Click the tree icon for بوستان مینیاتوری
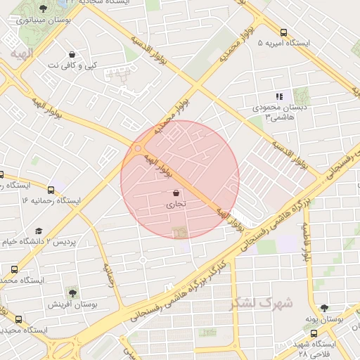(44, 8)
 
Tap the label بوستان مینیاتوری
(44, 21)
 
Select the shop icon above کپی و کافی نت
(72, 53)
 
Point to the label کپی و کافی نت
(72, 65)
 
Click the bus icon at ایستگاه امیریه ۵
(283, 32)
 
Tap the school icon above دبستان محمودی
(279, 96)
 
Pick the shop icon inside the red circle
(175, 193)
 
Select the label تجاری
(175, 205)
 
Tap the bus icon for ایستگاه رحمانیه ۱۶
(51, 189)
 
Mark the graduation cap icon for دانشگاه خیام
(39, 230)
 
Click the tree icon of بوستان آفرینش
(72, 292)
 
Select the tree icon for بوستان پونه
(324, 307)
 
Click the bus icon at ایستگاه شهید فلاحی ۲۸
(314, 333)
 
